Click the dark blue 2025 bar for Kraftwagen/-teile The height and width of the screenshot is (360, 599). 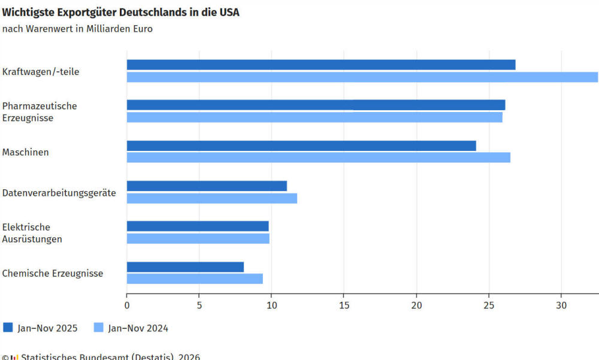coord(320,65)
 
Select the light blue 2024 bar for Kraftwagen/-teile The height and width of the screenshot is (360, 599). coord(362,77)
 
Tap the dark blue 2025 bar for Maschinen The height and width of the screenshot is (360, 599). coord(301,146)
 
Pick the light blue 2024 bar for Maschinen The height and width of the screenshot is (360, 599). coord(318,158)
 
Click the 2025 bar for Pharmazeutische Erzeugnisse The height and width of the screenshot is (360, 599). coord(316,105)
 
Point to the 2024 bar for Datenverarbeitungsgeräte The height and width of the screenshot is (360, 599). coord(211,198)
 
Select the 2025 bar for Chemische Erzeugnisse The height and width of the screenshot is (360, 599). coord(185,267)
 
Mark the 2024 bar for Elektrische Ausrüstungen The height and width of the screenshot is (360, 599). coord(198,238)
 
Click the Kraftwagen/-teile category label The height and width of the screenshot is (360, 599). coord(41,72)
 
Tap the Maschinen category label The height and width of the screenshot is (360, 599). coord(26,152)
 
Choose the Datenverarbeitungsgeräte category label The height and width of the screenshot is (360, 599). coord(59,193)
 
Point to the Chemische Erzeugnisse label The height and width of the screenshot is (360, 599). coord(53,273)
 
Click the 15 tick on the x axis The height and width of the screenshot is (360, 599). coord(344,305)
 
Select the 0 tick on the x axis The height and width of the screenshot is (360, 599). coord(127,305)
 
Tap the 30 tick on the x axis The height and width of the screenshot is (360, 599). coord(561,305)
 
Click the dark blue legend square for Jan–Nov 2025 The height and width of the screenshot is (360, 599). coord(8,328)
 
